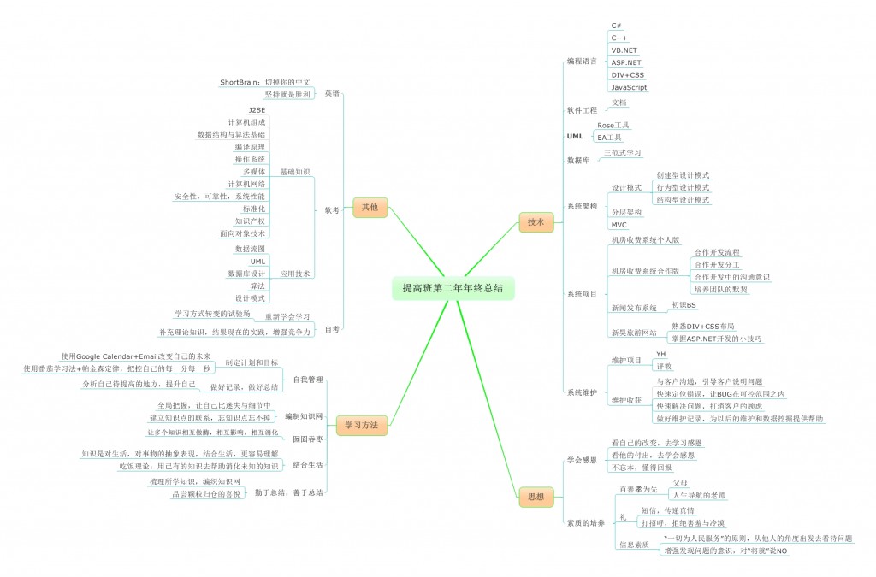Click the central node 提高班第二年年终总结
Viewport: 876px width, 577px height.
[x=453, y=288]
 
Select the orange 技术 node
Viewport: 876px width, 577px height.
[x=536, y=222]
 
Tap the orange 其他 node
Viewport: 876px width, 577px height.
[x=370, y=206]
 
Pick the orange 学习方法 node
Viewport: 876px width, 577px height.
[x=362, y=424]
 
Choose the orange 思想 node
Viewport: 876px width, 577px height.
[x=536, y=496]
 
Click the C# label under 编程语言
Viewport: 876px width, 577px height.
[x=616, y=26]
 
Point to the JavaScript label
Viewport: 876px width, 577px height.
[x=629, y=87]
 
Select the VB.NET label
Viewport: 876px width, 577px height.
[x=624, y=50]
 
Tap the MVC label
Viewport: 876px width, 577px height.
[x=619, y=225]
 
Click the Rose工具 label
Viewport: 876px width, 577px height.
[x=613, y=125]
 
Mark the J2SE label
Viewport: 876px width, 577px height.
[x=257, y=111]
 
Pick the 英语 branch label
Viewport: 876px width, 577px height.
[x=333, y=92]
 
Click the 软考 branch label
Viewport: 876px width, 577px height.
[x=332, y=210]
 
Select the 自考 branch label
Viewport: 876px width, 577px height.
[x=332, y=328]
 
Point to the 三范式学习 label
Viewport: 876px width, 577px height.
[x=622, y=153]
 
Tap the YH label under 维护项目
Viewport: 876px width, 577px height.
[x=660, y=354]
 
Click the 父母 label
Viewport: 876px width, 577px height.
[x=681, y=482]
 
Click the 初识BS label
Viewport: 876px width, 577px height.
[x=684, y=305]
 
